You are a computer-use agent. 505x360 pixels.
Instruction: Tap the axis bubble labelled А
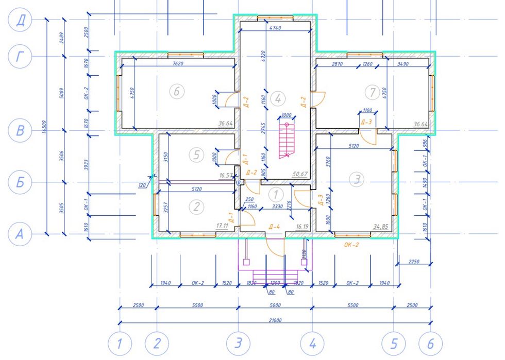20,234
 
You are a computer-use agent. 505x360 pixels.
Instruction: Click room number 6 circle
176,92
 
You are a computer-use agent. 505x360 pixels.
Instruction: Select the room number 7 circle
372,92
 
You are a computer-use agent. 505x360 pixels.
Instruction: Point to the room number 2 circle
196,207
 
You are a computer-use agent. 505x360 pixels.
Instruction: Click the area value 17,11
223,226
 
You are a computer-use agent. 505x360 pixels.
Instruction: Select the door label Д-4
274,226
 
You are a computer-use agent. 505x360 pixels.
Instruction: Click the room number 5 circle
194,153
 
